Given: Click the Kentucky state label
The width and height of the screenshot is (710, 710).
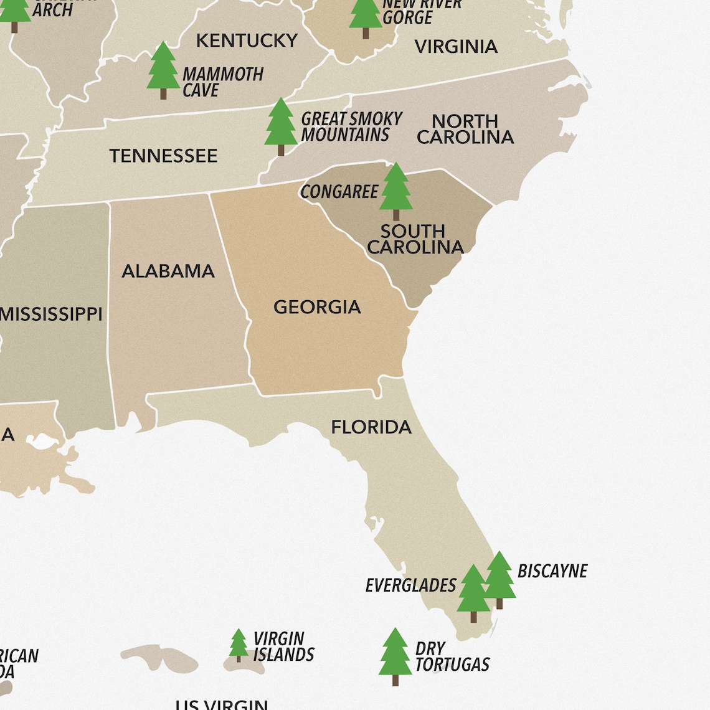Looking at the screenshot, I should [x=247, y=40].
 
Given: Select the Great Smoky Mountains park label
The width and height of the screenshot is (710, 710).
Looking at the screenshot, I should [x=351, y=126].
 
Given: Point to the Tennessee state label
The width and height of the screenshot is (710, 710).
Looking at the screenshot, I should [x=163, y=156].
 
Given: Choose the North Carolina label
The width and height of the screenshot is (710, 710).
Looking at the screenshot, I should [x=465, y=129].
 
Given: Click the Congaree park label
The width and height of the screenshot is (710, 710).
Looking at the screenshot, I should [x=339, y=192].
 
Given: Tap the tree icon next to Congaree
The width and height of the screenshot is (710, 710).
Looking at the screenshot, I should [x=395, y=191].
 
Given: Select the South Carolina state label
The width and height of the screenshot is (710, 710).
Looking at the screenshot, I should [x=415, y=239].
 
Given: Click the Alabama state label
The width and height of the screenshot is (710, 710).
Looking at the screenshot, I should [x=168, y=271].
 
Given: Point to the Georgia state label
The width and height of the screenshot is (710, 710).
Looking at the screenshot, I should [x=317, y=307].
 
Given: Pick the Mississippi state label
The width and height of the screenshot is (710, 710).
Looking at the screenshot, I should [x=51, y=314].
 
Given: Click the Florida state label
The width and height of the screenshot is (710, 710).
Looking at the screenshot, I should [x=371, y=427].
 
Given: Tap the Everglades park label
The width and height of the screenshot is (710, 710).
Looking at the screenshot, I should [x=410, y=585].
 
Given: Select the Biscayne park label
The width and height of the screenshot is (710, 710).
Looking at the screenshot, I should [x=552, y=571].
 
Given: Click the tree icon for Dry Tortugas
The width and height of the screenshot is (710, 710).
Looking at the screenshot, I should [x=395, y=656].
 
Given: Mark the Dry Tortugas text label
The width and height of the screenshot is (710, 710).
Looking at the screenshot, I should [x=452, y=657].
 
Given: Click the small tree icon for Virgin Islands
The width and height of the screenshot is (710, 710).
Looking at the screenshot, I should [x=239, y=645].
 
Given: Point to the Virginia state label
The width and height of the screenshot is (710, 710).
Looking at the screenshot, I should [x=456, y=47].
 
